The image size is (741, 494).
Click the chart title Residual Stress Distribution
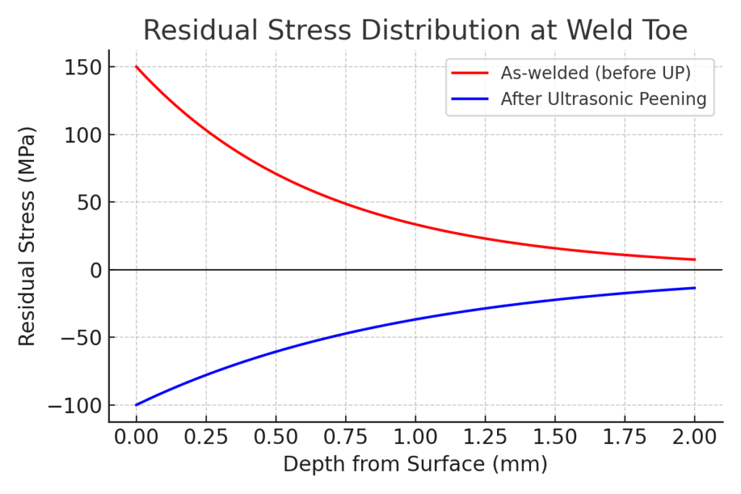coord(415,30)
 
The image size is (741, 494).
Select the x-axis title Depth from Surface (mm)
coord(415,464)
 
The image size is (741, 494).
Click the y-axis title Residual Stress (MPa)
coord(27,237)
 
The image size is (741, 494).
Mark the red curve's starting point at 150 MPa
coord(136,67)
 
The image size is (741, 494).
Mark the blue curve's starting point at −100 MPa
coord(136,405)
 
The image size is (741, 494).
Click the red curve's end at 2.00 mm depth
coord(695,260)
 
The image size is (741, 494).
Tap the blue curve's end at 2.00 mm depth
coord(695,288)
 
